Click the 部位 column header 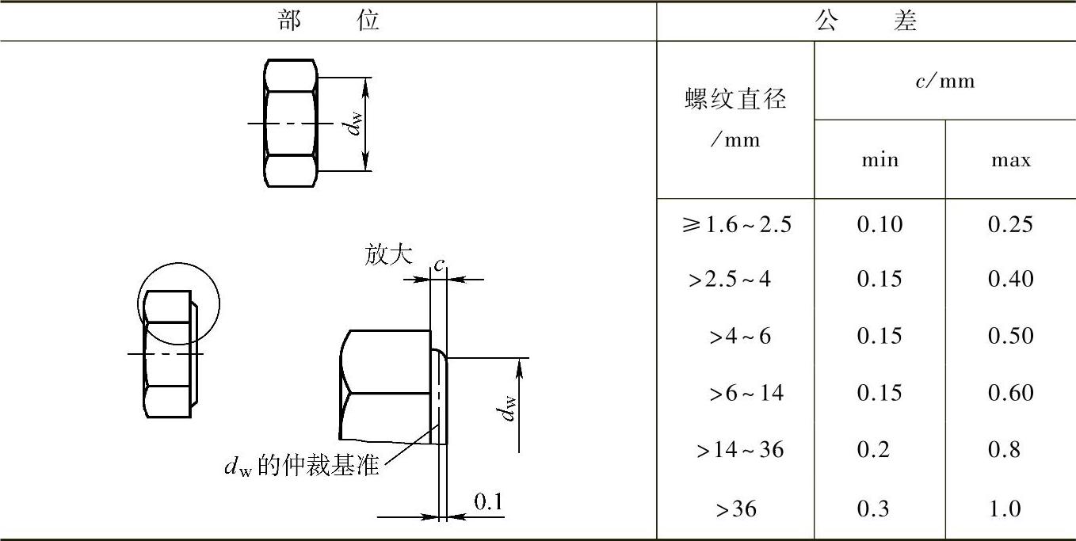pos(329,21)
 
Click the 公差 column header pos(866,21)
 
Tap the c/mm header pos(944,81)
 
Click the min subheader pos(879,160)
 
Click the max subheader pos(1010,160)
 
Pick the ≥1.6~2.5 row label pos(735,224)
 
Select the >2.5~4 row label pos(729,280)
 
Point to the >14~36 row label pos(740,450)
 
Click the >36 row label pos(736,509)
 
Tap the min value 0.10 pos(879,224)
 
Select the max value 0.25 pos(1010,224)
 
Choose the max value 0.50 pos(1010,336)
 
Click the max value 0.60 pos(1010,393)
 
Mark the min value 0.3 pos(873,509)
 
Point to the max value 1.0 pos(1005,509)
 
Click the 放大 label pos(388,255)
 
